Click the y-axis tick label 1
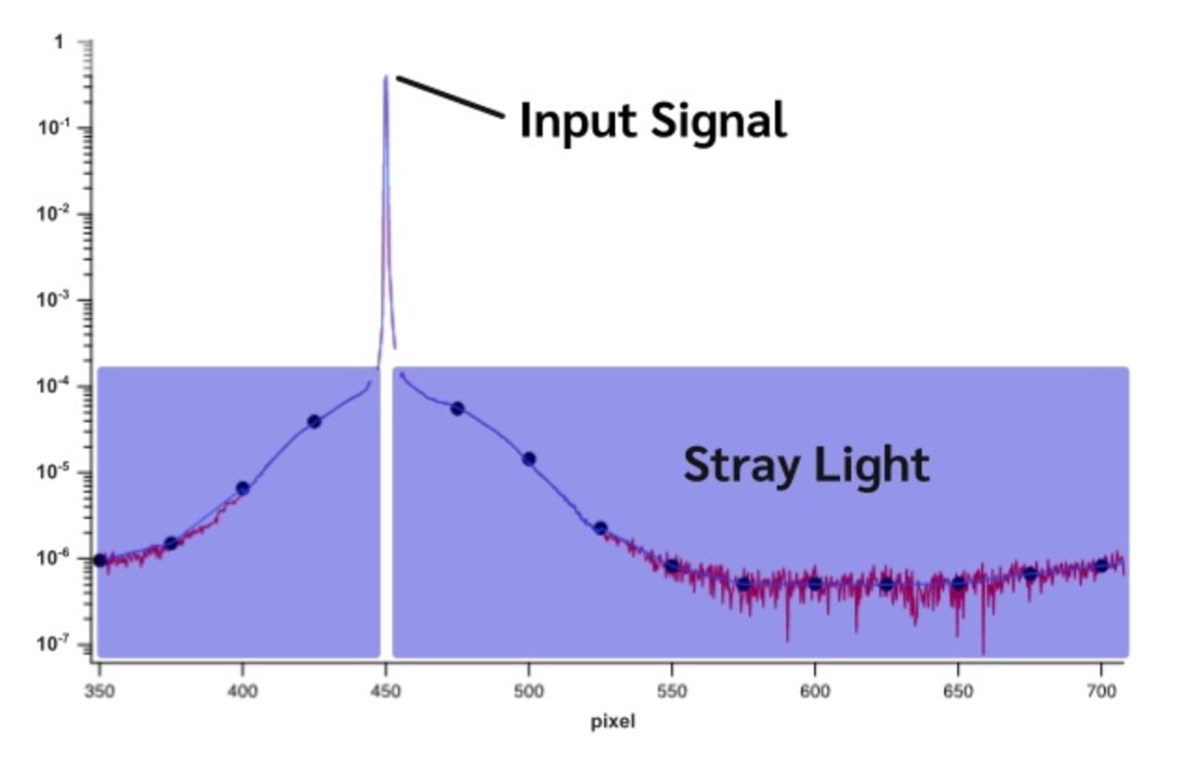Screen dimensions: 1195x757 pyautogui.click(x=59, y=42)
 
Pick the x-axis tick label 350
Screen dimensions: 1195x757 pyautogui.click(x=99, y=692)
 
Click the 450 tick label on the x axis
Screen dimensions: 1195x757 pyautogui.click(x=386, y=692)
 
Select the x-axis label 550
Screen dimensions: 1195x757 pyautogui.click(x=672, y=692)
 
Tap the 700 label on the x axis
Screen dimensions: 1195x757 pyautogui.click(x=1101, y=692)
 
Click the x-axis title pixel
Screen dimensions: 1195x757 pyautogui.click(x=612, y=723)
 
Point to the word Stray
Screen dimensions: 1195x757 pyautogui.click(x=742, y=467)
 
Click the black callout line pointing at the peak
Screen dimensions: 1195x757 pyautogui.click(x=450, y=97)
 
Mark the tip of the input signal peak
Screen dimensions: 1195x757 pyautogui.click(x=386, y=76)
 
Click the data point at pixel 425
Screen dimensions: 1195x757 pyautogui.click(x=314, y=421)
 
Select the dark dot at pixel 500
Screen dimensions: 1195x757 pyautogui.click(x=529, y=459)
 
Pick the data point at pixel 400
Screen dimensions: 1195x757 pyautogui.click(x=243, y=488)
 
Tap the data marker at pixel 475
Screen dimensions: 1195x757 pyautogui.click(x=457, y=409)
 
